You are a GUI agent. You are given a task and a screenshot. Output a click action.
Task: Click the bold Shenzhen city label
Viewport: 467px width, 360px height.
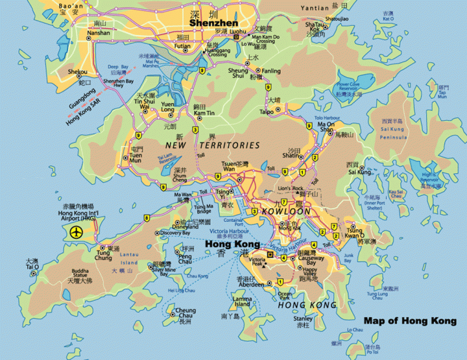[213, 23]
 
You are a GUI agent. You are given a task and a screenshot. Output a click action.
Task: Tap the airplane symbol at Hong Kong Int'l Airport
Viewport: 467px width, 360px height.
[77, 231]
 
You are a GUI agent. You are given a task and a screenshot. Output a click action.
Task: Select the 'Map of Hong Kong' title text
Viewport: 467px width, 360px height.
[410, 320]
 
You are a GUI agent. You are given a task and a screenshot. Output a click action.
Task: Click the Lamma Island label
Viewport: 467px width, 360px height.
[242, 301]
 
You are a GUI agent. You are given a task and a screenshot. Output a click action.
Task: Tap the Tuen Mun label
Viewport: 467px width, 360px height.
[137, 158]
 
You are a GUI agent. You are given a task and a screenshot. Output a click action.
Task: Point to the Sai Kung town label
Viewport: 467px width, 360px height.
[361, 172]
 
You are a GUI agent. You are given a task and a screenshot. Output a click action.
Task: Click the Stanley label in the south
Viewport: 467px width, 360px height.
[303, 318]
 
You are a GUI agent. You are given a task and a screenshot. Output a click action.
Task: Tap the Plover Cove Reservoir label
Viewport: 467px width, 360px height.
[352, 87]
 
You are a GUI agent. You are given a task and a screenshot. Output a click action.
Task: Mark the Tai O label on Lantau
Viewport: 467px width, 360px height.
[32, 267]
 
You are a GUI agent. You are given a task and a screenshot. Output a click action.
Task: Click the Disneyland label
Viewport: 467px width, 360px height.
[175, 226]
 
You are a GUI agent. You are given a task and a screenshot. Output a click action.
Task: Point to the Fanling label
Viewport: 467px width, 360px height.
[271, 71]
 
